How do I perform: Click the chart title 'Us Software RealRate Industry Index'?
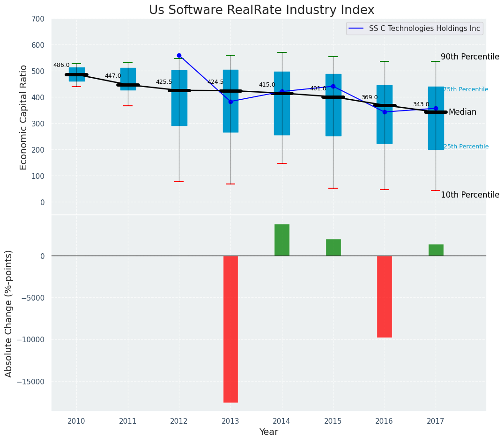(x=261, y=10)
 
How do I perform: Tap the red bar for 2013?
(x=230, y=329)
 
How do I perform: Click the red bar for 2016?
(x=385, y=296)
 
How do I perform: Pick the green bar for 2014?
(x=282, y=240)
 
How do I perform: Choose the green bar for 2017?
(x=436, y=250)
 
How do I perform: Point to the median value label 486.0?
(x=61, y=66)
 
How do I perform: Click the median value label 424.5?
(x=215, y=82)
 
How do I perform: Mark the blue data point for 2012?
(x=179, y=55)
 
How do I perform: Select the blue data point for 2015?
(x=333, y=86)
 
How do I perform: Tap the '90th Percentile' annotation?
(x=470, y=57)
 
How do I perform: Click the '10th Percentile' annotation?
(x=470, y=195)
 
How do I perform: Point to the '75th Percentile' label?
(x=466, y=89)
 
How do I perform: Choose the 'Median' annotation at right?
(x=462, y=112)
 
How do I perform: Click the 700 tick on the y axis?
(x=37, y=19)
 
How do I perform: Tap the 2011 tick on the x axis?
(x=128, y=421)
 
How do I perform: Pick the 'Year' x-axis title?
(x=269, y=432)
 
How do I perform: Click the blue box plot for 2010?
(x=77, y=74)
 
